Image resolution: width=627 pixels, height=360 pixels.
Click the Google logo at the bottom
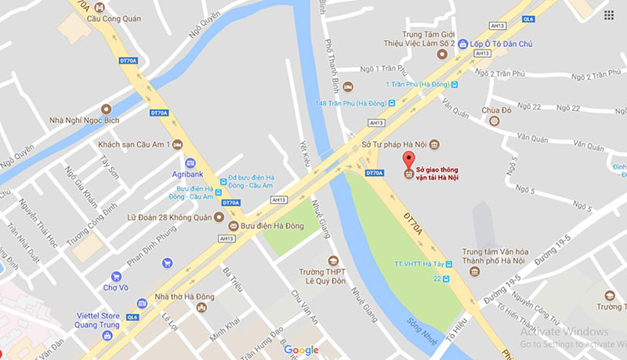click(x=301, y=350)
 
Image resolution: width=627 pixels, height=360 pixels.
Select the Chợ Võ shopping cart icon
click(x=116, y=276)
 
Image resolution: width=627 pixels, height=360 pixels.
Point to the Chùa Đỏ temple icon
click(x=494, y=120)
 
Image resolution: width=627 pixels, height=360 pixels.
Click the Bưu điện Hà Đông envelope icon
click(x=231, y=224)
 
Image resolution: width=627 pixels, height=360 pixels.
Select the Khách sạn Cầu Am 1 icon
click(x=177, y=144)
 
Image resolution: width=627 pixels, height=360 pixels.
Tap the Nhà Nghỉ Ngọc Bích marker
click(x=107, y=107)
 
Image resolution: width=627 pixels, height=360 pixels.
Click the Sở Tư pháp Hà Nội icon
click(x=435, y=144)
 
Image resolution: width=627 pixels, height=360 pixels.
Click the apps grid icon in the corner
click(x=609, y=15)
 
